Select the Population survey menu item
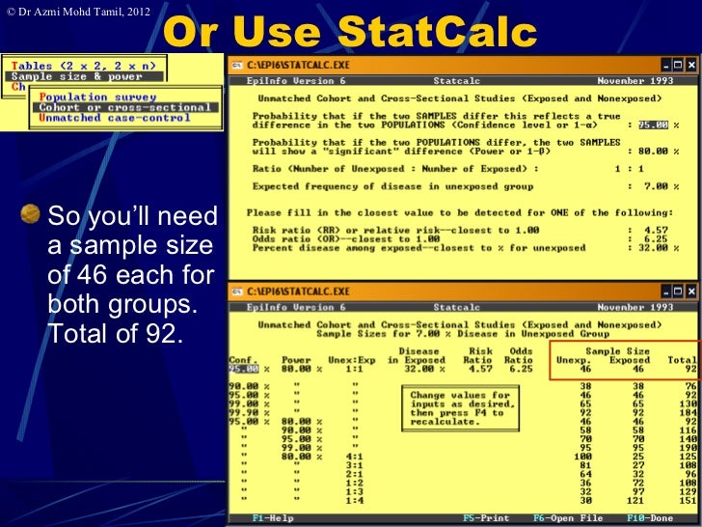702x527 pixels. coord(97,97)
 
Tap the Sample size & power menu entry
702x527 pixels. coord(65,76)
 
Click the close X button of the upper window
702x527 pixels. coord(691,66)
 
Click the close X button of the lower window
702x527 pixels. coord(691,291)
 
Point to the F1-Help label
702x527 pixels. coord(274,518)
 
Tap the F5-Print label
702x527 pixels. coord(486,518)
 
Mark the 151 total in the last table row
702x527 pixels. coord(685,500)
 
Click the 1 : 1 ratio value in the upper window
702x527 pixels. coord(630,168)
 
